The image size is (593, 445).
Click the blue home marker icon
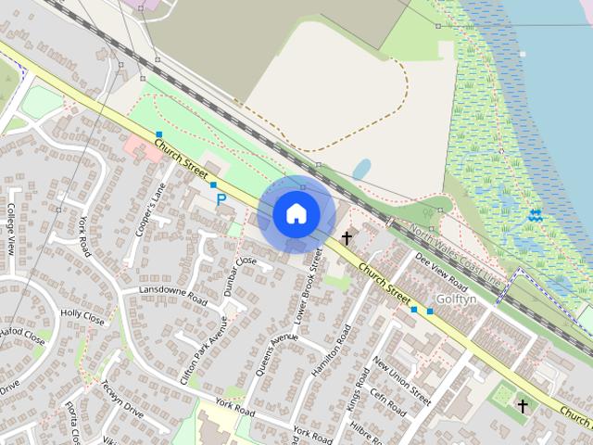click(296, 214)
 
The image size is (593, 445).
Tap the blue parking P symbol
click(221, 197)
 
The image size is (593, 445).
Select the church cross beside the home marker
click(347, 238)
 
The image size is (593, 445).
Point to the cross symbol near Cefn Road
click(523, 406)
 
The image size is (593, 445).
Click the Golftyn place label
click(456, 299)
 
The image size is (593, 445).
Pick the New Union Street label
click(402, 381)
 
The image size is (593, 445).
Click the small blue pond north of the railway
click(361, 170)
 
